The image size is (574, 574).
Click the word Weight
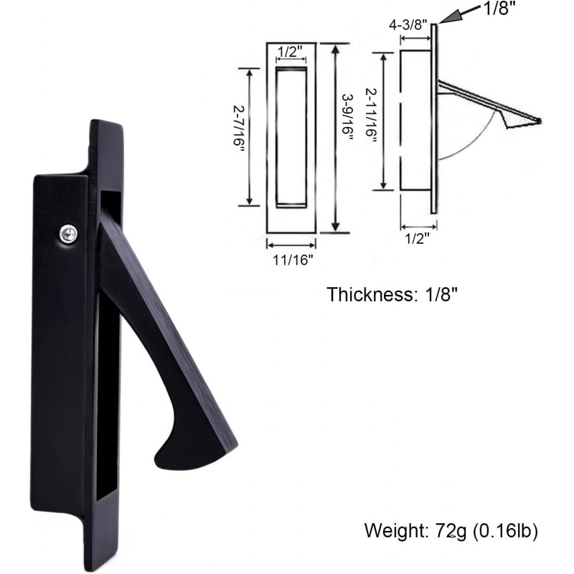click(397, 532)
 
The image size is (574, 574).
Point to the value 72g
click(456, 532)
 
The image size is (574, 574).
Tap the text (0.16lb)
click(511, 532)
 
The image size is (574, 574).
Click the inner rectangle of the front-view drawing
click(291, 136)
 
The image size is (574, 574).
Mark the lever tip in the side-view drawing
click(540, 120)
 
